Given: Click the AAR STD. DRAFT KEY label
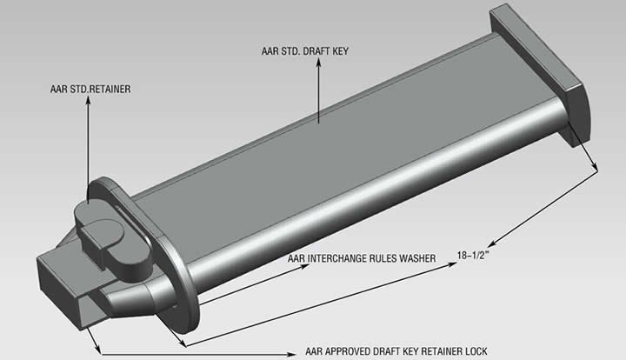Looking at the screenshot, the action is tap(305, 51).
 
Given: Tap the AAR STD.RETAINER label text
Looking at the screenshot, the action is tap(90, 89).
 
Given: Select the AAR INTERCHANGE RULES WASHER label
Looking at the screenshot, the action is tap(362, 258).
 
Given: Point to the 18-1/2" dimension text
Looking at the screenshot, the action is tap(473, 255).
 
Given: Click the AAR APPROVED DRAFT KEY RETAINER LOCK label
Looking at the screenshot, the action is tap(396, 351).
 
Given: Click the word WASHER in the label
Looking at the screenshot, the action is tap(417, 258).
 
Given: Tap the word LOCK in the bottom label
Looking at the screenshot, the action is tap(476, 351).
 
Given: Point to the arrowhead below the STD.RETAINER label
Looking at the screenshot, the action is tap(88, 99).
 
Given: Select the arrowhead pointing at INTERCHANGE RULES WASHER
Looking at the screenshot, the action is tap(305, 266).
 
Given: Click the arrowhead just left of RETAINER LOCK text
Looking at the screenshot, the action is tap(291, 354).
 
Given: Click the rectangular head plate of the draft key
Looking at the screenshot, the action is tap(539, 74).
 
